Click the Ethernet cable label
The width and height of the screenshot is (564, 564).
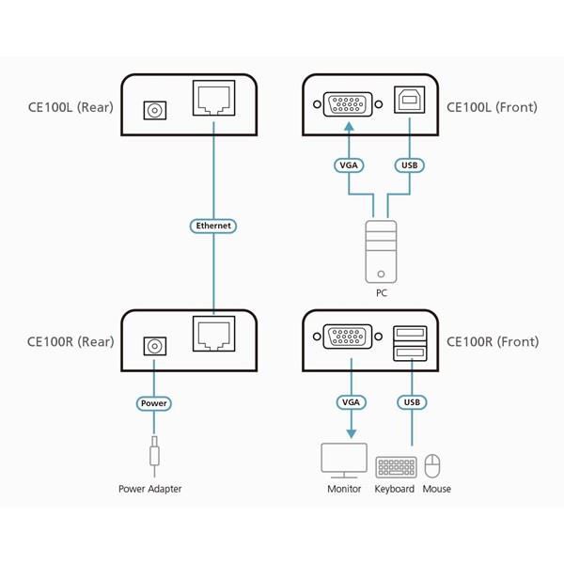pos(213,226)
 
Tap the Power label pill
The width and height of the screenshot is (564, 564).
pos(153,403)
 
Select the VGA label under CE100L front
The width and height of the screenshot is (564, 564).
pos(348,166)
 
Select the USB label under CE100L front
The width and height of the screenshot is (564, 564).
pos(410,166)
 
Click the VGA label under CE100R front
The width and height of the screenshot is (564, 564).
pos(348,403)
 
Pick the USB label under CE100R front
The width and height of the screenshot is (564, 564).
pos(410,403)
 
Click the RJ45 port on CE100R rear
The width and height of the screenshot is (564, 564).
pos(213,335)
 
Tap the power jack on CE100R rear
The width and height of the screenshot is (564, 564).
pos(153,346)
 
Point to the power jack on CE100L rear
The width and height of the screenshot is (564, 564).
pos(153,111)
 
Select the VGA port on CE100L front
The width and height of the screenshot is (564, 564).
pos(347,103)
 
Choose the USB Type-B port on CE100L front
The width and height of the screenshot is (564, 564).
pos(410,103)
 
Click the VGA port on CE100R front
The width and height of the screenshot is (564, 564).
pos(347,338)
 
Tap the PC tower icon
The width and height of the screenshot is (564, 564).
pos(381,253)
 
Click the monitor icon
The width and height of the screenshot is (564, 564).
pos(344,461)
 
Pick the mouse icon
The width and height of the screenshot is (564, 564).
pos(433,466)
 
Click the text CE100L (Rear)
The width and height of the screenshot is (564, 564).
pos(70,107)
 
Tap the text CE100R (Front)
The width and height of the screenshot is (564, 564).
pos(493,342)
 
